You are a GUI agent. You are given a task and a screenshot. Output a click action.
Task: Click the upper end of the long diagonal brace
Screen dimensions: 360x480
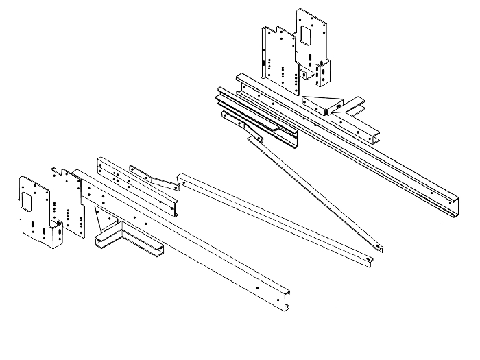[259, 139]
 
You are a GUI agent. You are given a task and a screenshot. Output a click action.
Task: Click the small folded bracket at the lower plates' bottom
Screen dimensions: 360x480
[53, 235]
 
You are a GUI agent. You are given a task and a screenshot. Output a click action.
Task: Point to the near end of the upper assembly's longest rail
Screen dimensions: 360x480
[240, 79]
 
